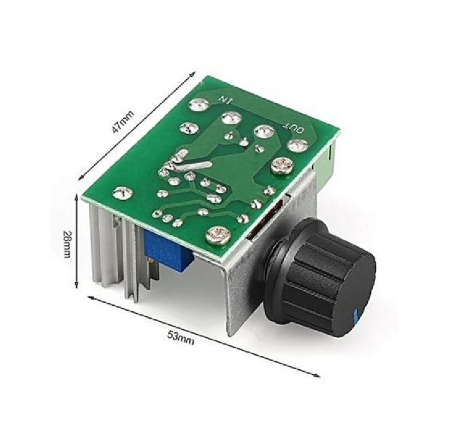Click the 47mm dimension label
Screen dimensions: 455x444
tap(123, 122)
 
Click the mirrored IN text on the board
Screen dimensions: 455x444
tap(225, 100)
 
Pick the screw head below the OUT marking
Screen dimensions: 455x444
tap(282, 167)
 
